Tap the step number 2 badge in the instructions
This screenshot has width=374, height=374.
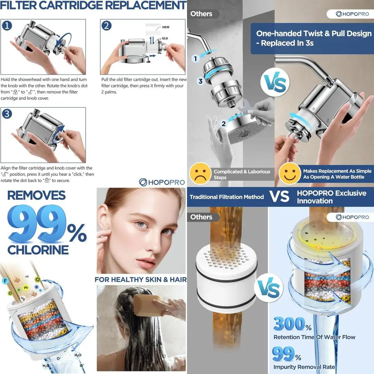pyautogui.click(x=107, y=26)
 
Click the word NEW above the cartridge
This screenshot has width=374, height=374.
pyautogui.click(x=166, y=27)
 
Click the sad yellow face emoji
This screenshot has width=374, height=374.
pyautogui.click(x=199, y=174)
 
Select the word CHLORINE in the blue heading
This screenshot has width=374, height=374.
pyautogui.click(x=38, y=249)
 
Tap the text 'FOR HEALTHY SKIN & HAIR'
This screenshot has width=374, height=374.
pyautogui.click(x=140, y=279)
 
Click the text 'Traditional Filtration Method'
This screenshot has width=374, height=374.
pyautogui.click(x=227, y=197)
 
